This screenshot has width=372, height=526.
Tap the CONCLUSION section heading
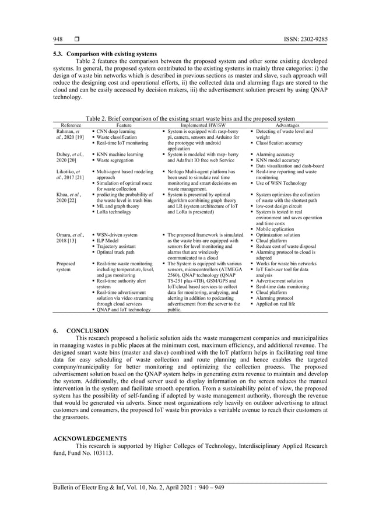[x=87, y=331]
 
